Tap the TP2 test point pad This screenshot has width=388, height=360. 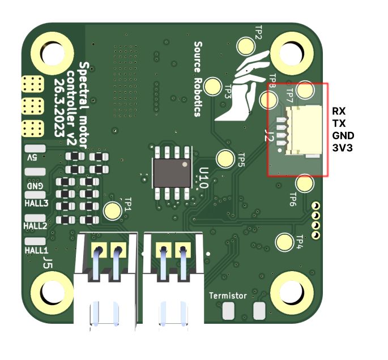click(x=246, y=46)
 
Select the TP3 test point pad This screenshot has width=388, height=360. click(x=214, y=86)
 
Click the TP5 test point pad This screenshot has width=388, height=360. click(x=227, y=158)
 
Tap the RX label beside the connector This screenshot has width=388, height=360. click(x=339, y=111)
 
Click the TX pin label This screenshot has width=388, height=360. click(x=338, y=123)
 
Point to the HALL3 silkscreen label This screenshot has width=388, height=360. click(x=37, y=202)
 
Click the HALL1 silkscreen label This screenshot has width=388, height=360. click(x=37, y=249)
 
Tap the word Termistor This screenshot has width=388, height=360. click(x=228, y=296)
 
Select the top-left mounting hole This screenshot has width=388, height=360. click(x=50, y=53)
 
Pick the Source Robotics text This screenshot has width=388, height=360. click(x=198, y=78)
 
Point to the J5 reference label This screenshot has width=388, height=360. click(x=48, y=262)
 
